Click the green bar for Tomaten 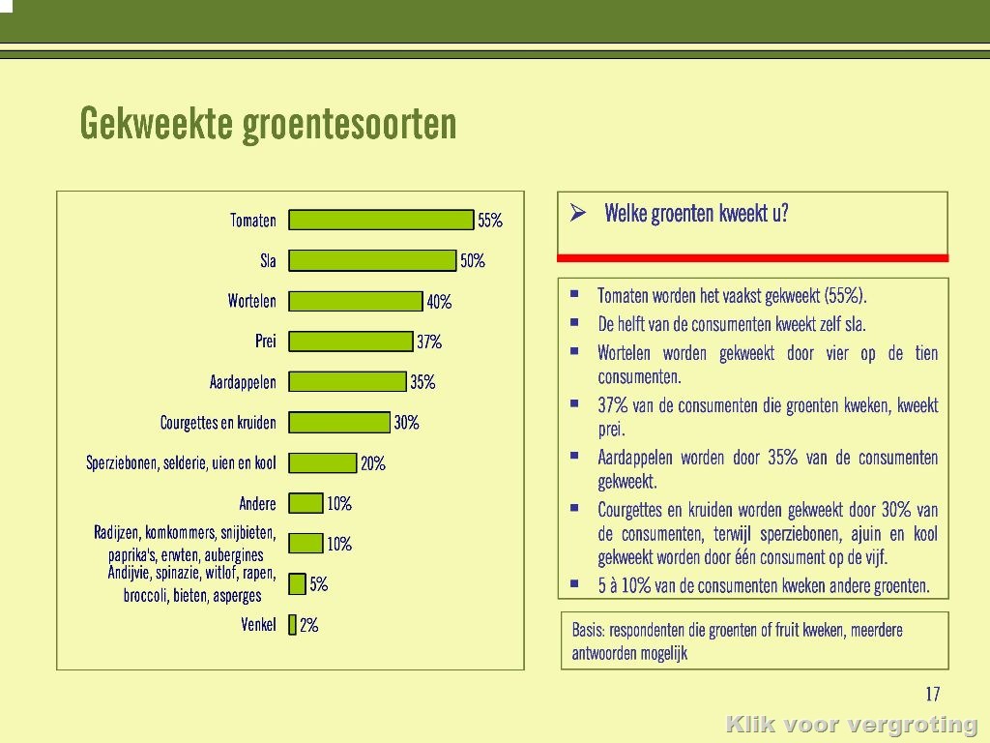[381, 220]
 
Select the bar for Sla [372, 260]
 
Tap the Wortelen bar [356, 302]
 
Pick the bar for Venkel [292, 625]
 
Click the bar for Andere [306, 503]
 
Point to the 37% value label [429, 342]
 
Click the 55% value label [490, 221]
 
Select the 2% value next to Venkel [308, 626]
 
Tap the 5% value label [319, 584]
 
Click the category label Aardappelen [243, 382]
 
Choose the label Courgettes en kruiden [218, 423]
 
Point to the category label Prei [266, 342]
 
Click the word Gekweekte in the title [156, 123]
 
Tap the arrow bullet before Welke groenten [578, 213]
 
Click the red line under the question [752, 257]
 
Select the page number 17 [933, 695]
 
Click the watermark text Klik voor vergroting [852, 724]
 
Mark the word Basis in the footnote [588, 630]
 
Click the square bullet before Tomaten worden [574, 294]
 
